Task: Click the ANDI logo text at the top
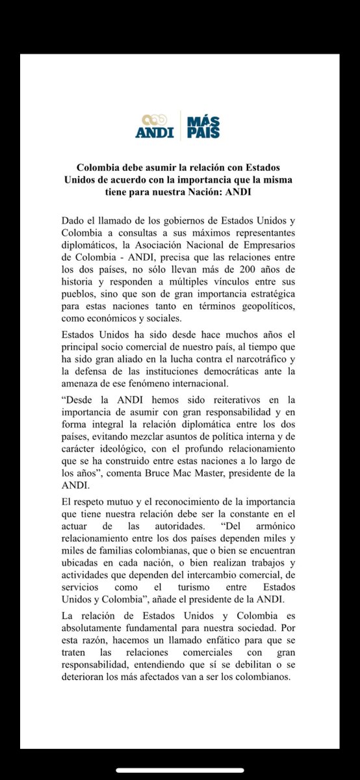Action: point(154,133)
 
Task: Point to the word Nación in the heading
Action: point(238,192)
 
